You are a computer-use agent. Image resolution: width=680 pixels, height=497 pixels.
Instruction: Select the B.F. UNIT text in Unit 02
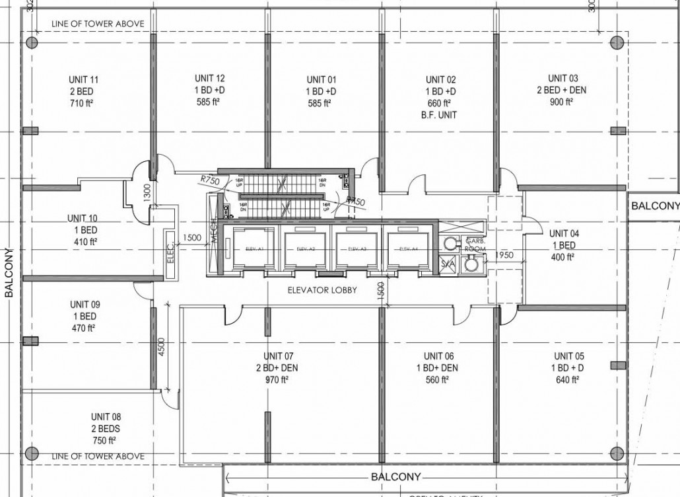(x=440, y=115)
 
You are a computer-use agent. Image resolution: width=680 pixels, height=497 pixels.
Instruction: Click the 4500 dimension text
(x=160, y=349)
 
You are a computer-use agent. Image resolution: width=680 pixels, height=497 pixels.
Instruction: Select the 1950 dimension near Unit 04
(x=504, y=254)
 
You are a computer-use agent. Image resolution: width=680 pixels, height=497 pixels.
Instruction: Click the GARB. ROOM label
(x=475, y=245)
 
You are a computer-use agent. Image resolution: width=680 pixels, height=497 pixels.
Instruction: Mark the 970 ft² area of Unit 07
(x=277, y=379)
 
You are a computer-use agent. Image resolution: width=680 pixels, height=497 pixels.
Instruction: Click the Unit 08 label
(x=106, y=417)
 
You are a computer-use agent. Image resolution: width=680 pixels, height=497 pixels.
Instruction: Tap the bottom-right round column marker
(x=617, y=453)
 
